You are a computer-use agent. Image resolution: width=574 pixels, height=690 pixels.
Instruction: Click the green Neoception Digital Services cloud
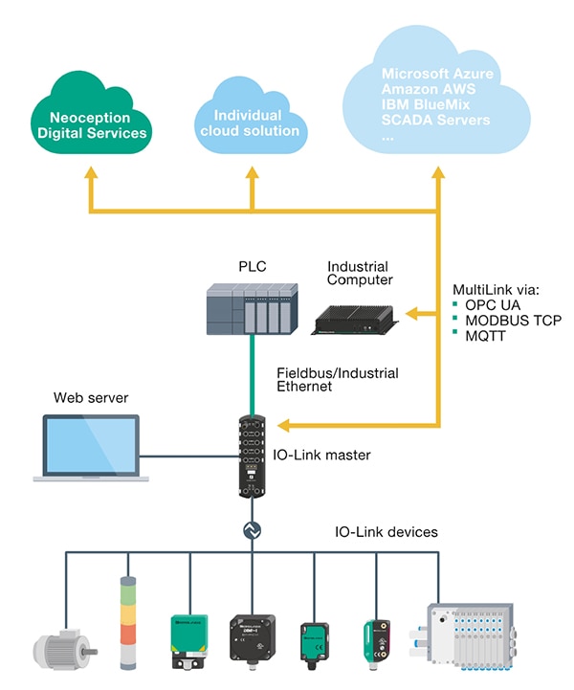click(x=92, y=123)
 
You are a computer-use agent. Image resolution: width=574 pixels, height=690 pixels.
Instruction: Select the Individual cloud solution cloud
click(x=251, y=122)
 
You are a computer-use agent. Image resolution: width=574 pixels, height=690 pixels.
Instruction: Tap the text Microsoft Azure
click(x=434, y=73)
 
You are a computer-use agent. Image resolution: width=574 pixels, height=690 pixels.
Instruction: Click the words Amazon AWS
click(x=428, y=89)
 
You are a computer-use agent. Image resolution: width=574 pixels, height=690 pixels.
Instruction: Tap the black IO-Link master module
click(x=254, y=454)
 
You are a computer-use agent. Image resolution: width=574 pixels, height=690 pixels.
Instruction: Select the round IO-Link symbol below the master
click(x=254, y=528)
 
